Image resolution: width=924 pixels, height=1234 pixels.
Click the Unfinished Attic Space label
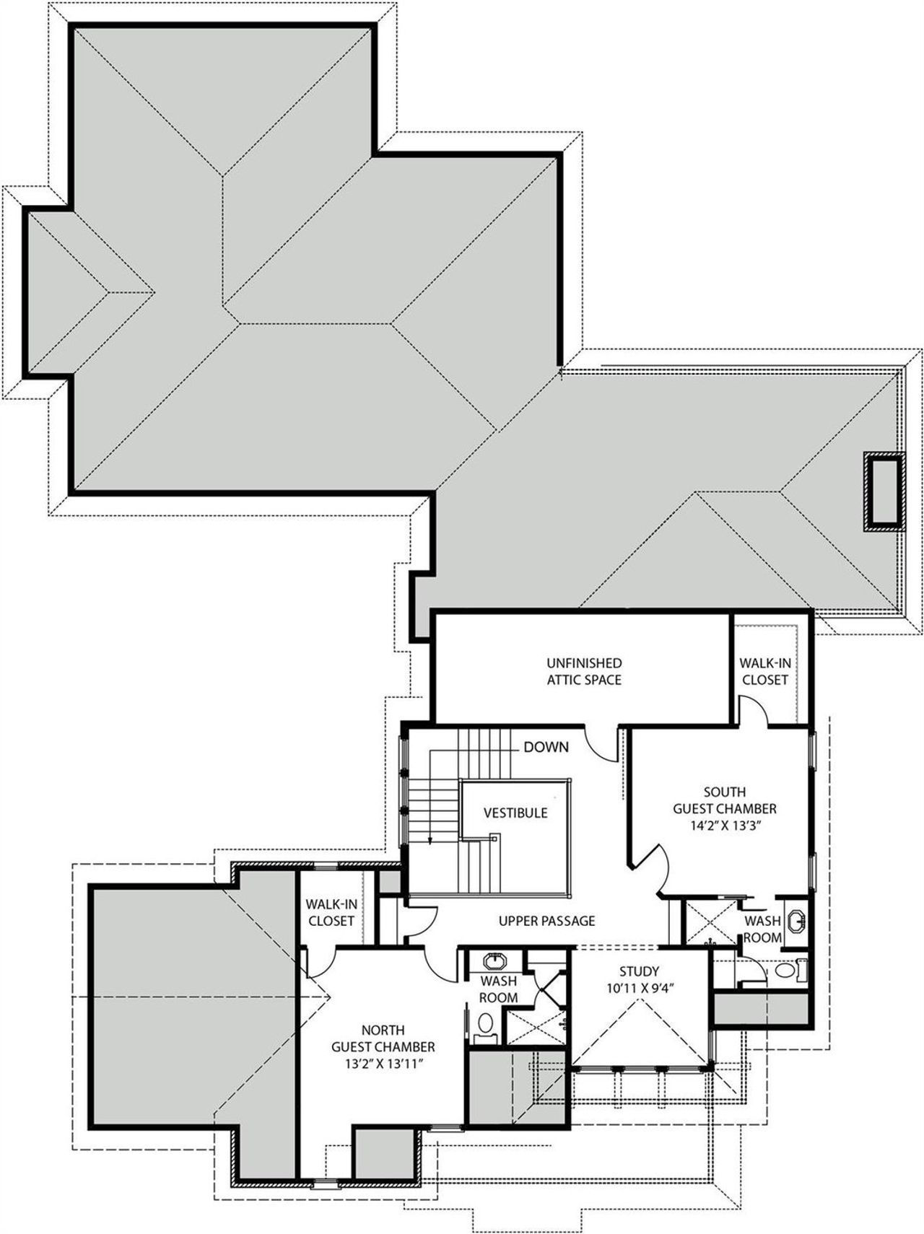coord(584,670)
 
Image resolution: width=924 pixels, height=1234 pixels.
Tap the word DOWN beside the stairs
coord(546,747)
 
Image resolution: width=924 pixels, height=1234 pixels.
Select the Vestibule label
coord(515,813)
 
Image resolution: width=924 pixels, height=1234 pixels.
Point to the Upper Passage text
coord(546,921)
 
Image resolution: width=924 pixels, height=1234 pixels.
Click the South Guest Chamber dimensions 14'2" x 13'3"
coord(725,826)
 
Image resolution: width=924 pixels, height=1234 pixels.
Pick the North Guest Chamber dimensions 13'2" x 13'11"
coord(383,1063)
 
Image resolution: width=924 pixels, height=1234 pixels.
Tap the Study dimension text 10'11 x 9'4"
coord(639,988)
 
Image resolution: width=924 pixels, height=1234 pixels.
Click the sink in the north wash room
coord(494,962)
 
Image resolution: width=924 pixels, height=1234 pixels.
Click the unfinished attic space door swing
coord(601,743)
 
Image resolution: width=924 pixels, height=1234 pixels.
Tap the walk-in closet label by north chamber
coord(331,912)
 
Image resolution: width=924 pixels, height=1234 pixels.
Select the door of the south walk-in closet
coord(756,710)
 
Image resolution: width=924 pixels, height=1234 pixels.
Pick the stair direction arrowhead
coord(430,839)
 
